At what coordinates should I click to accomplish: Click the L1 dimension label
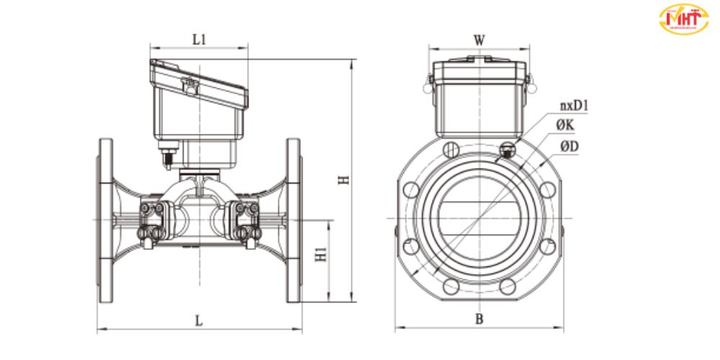click(199, 40)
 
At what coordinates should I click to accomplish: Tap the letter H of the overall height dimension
click(345, 179)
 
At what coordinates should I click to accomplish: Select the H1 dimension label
click(322, 254)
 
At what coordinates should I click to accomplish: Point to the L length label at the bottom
click(199, 321)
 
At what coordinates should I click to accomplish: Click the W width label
click(479, 40)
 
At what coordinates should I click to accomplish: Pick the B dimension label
click(478, 318)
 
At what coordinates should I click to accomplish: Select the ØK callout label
click(565, 126)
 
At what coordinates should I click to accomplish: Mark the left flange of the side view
click(104, 220)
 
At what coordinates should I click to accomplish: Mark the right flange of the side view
click(294, 220)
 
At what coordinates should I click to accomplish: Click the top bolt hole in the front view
click(451, 149)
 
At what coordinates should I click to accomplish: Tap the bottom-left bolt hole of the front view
click(451, 286)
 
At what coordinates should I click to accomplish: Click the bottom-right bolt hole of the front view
click(507, 286)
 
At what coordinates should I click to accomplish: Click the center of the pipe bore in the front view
click(479, 218)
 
